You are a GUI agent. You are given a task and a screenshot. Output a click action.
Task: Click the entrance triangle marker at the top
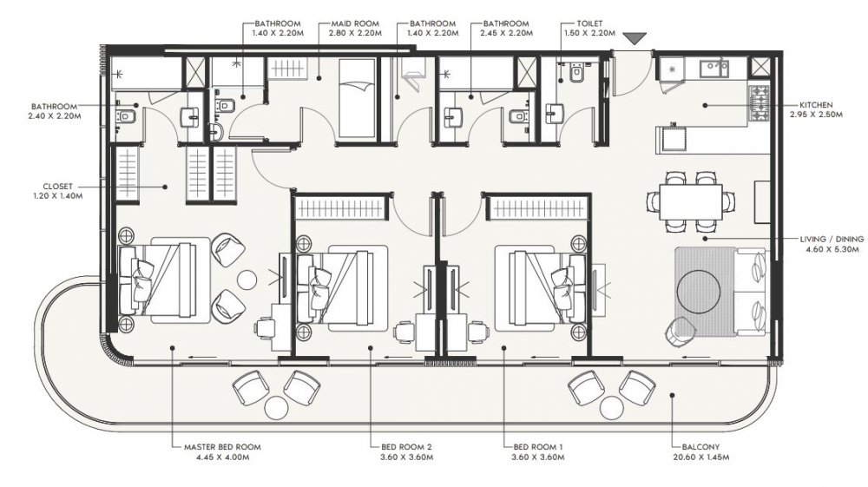point(635,38)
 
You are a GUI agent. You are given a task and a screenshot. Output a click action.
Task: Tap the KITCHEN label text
point(815,104)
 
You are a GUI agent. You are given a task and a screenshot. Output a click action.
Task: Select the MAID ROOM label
point(355,23)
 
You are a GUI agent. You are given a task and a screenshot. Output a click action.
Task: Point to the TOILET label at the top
point(589,23)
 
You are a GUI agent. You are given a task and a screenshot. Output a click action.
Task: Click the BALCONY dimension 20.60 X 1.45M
point(700,457)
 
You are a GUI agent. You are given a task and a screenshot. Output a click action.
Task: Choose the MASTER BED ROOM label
point(222,447)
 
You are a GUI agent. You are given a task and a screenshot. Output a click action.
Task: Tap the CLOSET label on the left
point(57,187)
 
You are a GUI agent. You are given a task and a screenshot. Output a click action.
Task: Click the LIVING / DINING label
point(832,239)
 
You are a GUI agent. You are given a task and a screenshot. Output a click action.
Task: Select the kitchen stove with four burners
point(759,103)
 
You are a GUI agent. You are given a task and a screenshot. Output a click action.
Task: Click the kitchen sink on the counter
point(714,68)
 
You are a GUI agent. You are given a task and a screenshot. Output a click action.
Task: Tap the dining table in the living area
point(691,201)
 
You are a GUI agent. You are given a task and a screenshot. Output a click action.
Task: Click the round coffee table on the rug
point(699,291)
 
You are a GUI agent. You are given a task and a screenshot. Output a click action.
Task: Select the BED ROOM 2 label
point(406,447)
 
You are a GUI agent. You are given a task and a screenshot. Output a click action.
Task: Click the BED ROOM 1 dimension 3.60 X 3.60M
point(538,457)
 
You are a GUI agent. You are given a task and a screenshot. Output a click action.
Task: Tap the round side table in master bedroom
point(247,279)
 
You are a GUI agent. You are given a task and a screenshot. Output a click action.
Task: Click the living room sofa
point(751,291)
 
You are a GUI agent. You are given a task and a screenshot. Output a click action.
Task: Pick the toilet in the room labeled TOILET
point(577,73)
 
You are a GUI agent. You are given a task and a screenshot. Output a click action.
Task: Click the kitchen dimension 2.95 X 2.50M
point(816,115)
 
